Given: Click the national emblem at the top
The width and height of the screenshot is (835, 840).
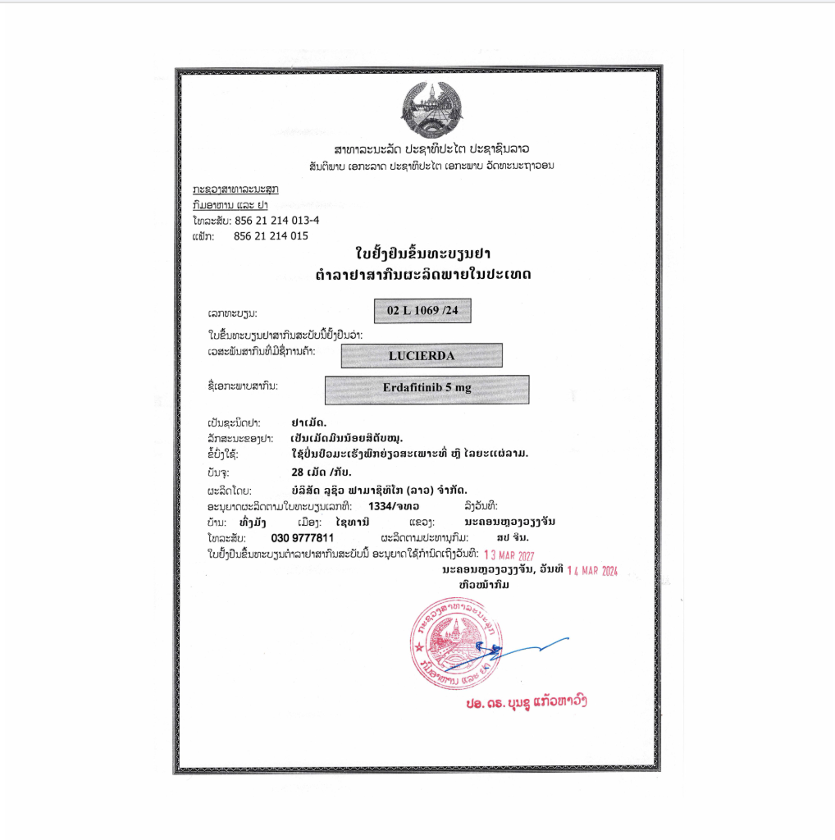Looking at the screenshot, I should coord(431,111).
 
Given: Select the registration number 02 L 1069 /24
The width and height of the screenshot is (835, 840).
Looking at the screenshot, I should coord(422,311).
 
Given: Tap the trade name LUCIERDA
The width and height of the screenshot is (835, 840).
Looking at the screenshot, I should coord(421,356).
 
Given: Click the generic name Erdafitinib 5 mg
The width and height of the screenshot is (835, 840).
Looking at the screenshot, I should coord(427,389).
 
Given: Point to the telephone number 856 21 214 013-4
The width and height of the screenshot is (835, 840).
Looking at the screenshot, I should coord(276,221).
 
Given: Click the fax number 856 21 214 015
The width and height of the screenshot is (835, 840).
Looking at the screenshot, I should coord(271,236).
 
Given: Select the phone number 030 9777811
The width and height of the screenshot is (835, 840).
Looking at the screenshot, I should coord(303,537).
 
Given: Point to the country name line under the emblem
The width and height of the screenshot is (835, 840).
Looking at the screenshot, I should coord(431,149).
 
